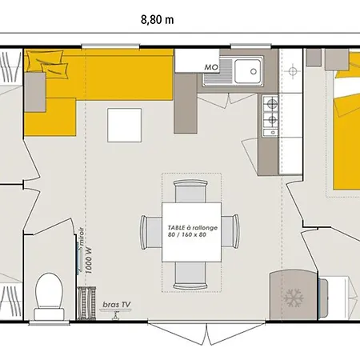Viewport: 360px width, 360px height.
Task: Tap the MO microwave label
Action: pyautogui.click(x=211, y=68)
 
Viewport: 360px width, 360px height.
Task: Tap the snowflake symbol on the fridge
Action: pyautogui.click(x=290, y=298)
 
